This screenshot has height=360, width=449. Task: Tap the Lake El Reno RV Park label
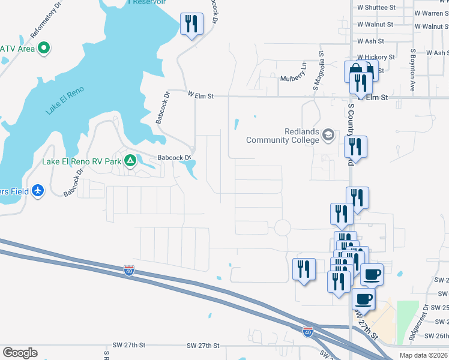[81, 161]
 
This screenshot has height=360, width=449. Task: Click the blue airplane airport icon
[38, 191]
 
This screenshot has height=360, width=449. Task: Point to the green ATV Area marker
[43, 49]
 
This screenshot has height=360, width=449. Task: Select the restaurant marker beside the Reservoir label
[191, 25]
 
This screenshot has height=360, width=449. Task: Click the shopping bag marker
[355, 71]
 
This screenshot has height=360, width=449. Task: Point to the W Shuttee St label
[376, 8]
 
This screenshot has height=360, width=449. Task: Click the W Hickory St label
[376, 57]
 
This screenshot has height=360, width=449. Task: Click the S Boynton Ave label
[413, 71]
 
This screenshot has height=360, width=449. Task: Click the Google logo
[20, 353]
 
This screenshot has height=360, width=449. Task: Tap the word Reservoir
[149, 2]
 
